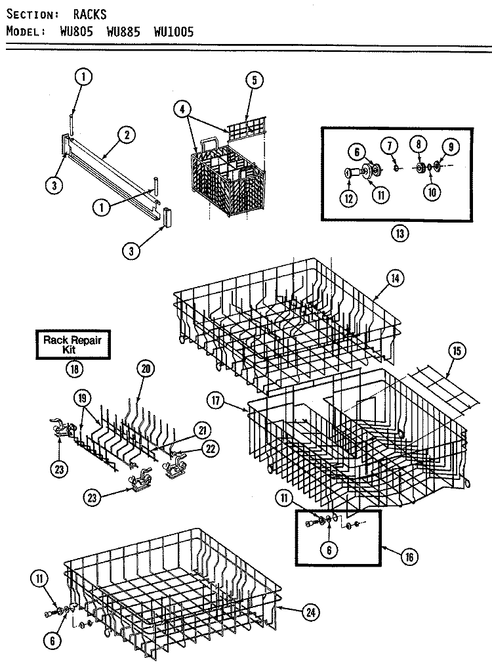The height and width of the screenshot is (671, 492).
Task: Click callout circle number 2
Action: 126,135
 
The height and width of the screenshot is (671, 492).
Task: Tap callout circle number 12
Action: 348,196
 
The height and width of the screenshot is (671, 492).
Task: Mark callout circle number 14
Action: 394,278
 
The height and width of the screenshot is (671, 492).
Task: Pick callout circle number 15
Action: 457,350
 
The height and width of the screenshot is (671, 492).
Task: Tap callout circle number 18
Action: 75,368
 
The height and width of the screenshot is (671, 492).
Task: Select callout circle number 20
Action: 146,368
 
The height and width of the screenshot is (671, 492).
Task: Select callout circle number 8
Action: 417,144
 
